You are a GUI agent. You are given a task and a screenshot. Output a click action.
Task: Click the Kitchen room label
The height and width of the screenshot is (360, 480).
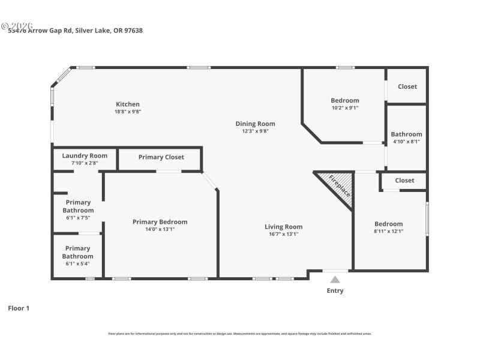click(x=128, y=104)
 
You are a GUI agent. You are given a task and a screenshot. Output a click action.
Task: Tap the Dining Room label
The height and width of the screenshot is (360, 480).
click(x=255, y=124)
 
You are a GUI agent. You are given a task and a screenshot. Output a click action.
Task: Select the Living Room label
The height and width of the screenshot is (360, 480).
click(x=284, y=227)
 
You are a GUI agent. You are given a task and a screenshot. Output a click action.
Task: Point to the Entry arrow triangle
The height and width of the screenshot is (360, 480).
click(x=335, y=279)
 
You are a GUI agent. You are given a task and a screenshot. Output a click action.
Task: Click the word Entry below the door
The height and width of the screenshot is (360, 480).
click(x=335, y=291)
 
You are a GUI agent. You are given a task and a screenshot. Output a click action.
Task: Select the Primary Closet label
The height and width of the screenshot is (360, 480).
click(x=161, y=157)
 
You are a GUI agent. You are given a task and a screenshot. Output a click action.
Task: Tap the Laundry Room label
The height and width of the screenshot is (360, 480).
click(x=85, y=155)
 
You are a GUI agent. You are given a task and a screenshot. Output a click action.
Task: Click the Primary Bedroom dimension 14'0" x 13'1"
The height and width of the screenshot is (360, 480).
click(x=160, y=229)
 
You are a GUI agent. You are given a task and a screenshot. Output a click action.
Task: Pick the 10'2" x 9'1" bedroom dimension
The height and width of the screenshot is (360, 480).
click(x=345, y=108)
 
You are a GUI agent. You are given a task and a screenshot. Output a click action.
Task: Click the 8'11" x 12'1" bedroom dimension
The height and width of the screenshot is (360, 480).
click(x=388, y=231)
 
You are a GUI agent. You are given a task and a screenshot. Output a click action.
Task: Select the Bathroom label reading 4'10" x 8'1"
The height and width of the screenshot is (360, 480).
click(x=406, y=142)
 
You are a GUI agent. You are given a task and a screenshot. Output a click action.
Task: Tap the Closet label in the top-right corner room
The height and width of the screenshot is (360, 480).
click(x=407, y=86)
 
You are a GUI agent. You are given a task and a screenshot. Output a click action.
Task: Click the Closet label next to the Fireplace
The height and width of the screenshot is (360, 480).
click(x=404, y=180)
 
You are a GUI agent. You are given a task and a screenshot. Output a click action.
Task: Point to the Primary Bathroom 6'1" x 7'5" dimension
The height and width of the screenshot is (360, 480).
click(x=77, y=218)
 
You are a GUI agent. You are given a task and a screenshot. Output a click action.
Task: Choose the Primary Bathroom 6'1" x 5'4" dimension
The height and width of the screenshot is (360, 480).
click(x=77, y=263)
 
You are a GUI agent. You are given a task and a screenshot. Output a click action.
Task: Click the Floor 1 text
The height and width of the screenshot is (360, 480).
click(x=19, y=308)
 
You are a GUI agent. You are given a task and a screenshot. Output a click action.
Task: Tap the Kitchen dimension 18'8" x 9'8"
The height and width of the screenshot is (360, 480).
click(x=128, y=112)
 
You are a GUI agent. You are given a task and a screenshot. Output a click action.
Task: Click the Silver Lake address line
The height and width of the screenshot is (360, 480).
click(x=76, y=30)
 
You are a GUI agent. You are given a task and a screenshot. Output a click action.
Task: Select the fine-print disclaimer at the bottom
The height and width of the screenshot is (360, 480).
click(x=239, y=334)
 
